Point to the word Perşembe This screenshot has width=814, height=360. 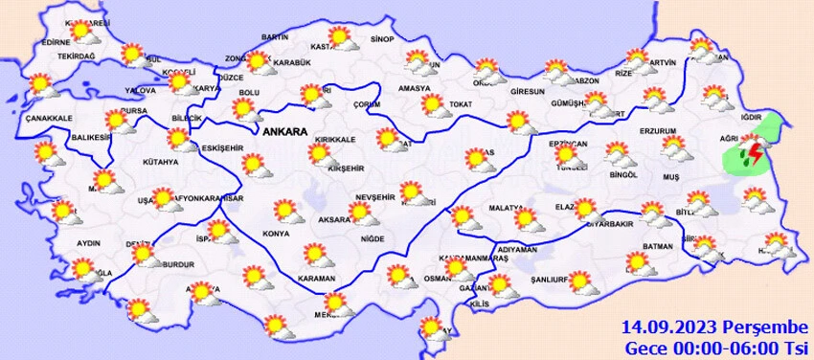coord(760,327)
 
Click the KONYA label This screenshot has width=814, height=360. coord(276,234)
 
